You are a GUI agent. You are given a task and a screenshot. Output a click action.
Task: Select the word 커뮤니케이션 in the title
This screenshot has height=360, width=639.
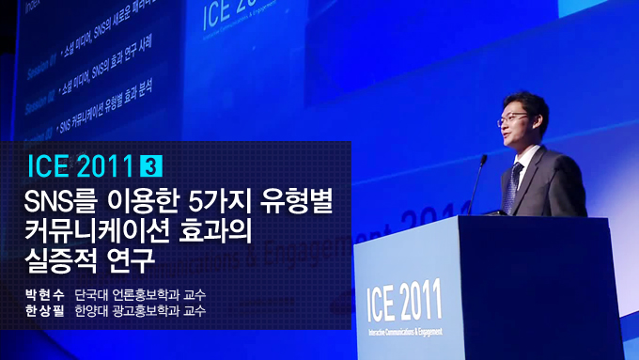tap(101, 227)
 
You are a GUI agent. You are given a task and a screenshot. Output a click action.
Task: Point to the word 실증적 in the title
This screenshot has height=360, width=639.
tap(60, 255)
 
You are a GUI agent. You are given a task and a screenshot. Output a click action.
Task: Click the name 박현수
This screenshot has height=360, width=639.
tap(47, 293)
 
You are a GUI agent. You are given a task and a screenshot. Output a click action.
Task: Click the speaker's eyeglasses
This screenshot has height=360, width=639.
tap(515, 118)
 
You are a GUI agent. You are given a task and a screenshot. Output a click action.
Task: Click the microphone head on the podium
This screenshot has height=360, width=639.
tap(483, 161)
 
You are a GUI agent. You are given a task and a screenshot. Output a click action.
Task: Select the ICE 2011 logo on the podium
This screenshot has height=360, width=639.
tap(414, 301)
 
